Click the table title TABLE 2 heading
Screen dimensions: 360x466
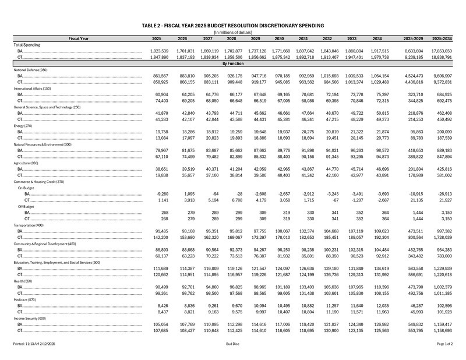[x=232, y=26]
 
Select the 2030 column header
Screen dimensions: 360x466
[x=278, y=38]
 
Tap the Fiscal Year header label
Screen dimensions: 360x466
[x=78, y=38]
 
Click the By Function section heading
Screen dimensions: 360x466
[x=232, y=63]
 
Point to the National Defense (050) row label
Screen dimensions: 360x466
[x=31, y=70]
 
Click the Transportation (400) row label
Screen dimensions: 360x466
[x=29, y=225]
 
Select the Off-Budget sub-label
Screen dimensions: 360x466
[x=26, y=207]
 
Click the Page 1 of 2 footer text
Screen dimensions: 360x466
[x=444, y=345]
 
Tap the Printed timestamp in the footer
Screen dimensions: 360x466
[x=34, y=345]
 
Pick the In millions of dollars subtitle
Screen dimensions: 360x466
[x=232, y=32]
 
